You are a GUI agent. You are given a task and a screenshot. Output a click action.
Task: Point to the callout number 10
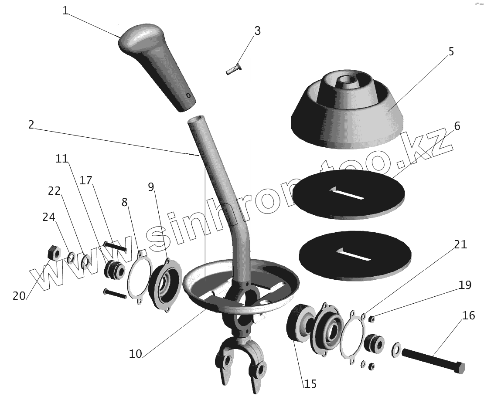tap(136, 353)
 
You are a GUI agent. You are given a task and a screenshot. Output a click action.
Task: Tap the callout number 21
tap(460, 245)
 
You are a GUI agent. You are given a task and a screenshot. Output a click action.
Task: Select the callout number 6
tap(457, 126)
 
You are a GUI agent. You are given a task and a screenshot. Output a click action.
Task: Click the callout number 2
tap(31, 125)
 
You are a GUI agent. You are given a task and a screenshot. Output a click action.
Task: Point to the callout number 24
tap(49, 217)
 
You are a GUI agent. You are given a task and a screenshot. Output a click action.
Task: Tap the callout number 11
tap(62, 159)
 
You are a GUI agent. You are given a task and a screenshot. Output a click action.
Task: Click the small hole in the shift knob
tap(188, 95)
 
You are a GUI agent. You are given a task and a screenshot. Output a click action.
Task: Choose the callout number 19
tap(465, 285)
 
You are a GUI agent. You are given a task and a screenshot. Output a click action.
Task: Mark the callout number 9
tap(151, 187)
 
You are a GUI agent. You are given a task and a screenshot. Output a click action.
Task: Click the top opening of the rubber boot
tap(347, 80)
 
